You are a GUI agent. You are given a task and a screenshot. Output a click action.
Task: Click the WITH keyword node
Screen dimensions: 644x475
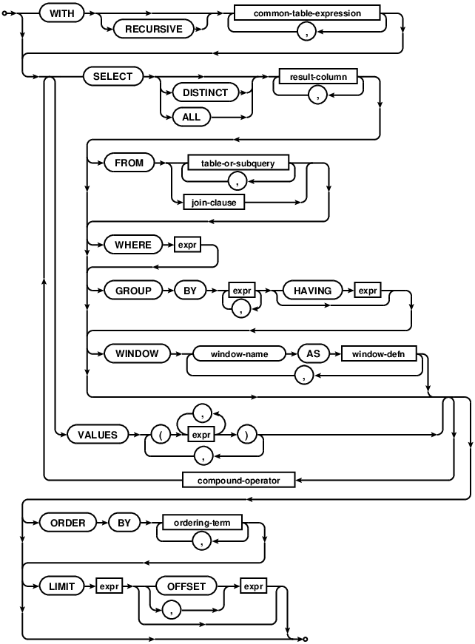[61, 13]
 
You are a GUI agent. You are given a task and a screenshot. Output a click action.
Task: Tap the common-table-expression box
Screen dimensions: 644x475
[306, 13]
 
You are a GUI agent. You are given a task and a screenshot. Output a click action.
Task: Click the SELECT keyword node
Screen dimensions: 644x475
[112, 76]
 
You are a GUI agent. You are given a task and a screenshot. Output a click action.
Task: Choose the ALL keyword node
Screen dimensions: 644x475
[191, 116]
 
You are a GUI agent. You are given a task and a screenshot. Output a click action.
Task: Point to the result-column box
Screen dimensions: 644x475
[317, 76]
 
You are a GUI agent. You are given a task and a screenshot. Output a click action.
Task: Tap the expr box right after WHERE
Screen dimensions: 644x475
[186, 245]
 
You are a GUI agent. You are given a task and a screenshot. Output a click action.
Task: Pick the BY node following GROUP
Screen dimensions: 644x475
[190, 291]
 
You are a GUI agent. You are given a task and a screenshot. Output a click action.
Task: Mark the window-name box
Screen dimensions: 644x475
[238, 353]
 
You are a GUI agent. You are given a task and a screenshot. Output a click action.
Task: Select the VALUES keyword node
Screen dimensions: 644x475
[98, 435]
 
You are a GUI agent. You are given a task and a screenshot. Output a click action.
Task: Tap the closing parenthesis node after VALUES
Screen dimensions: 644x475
[249, 435]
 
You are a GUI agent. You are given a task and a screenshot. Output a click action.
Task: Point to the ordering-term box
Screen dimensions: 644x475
[202, 523]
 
